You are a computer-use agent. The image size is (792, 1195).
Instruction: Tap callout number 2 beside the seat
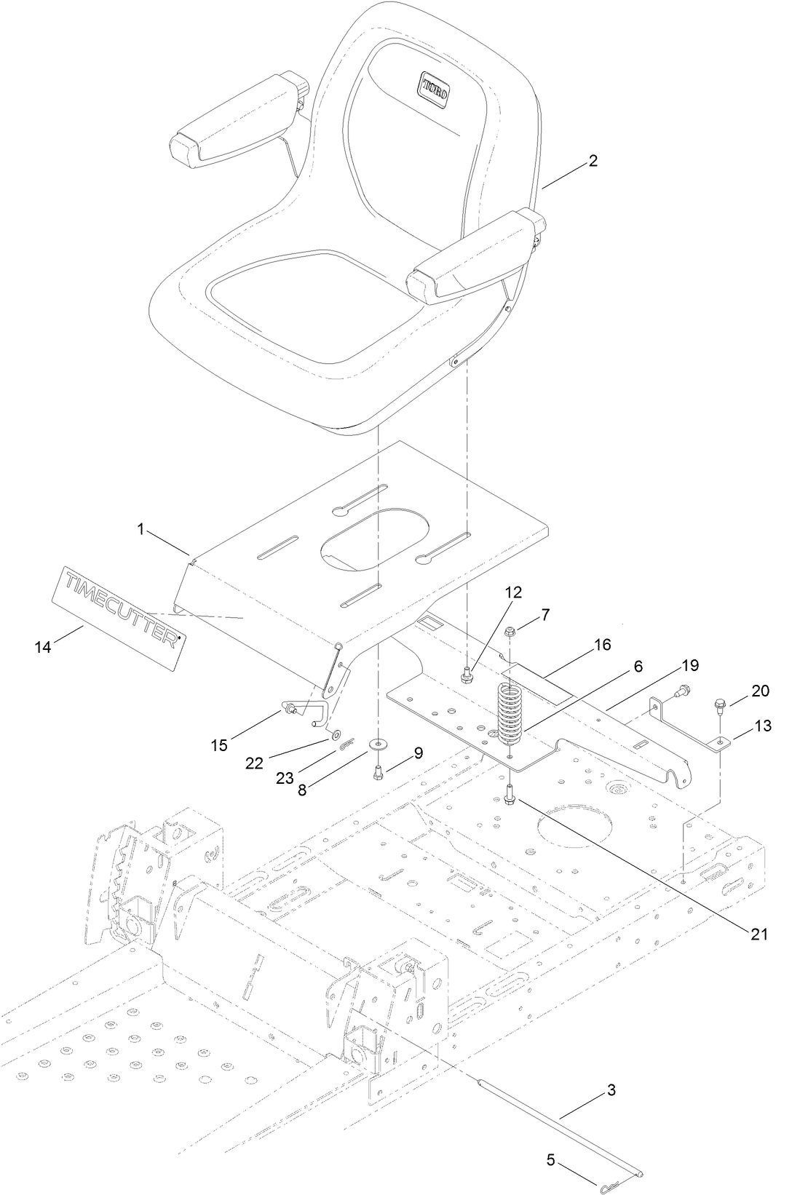593,161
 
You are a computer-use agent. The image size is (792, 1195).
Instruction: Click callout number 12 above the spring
513,592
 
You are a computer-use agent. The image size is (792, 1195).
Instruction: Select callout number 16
601,644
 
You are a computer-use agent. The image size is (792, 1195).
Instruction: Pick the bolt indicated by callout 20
718,704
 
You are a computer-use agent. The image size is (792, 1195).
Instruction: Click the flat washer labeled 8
378,745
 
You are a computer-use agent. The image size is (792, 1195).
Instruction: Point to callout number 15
219,745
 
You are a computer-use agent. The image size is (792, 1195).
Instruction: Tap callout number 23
285,778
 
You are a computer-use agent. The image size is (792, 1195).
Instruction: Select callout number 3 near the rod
611,1089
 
